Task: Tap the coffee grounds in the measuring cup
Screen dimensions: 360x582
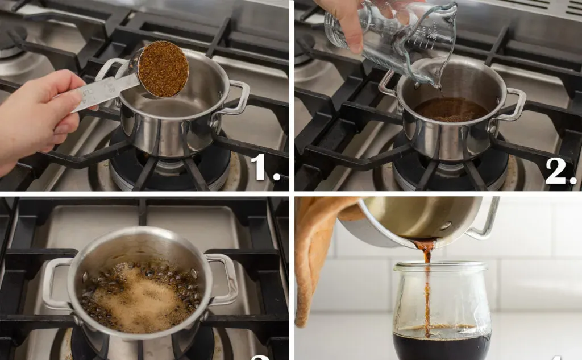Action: [163, 68]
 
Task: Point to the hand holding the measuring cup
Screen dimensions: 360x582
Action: [40, 114]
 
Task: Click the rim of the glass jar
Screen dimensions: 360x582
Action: [441, 266]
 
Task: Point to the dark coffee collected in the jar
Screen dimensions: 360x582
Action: [441, 347]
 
